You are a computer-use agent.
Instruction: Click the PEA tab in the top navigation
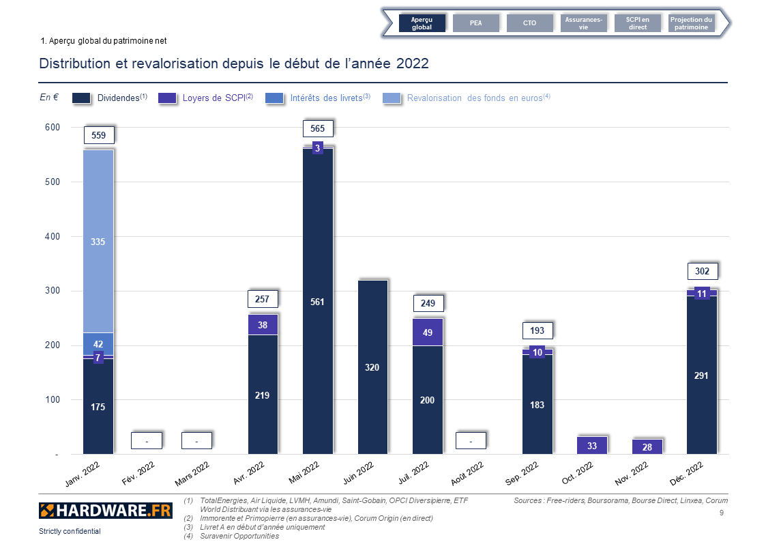coord(475,23)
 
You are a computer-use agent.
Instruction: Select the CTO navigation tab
coord(529,23)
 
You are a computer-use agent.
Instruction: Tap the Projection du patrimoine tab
coord(691,23)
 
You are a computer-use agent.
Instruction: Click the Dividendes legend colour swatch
coord(81,98)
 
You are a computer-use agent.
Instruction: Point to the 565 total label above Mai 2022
coord(317,128)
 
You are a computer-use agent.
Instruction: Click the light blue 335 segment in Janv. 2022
coord(98,242)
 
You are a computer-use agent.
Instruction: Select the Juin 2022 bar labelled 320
coord(372,367)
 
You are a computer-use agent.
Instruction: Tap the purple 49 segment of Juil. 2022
coord(428,332)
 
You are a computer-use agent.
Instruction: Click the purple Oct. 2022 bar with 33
coord(592,446)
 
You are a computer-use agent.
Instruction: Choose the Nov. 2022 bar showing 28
coord(647,447)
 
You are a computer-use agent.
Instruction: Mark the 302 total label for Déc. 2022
coord(702,271)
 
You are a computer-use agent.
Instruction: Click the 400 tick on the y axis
coord(52,237)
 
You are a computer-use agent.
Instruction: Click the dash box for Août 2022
coord(471,441)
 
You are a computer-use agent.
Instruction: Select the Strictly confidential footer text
coord(70,531)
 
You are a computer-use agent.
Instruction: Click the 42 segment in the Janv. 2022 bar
coord(98,344)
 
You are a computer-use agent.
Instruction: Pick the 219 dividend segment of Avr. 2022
coord(263,395)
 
